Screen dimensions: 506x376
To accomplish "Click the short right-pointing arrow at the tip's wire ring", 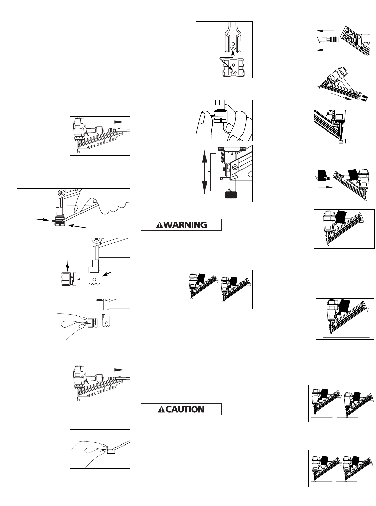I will pyautogui.click(x=42, y=220).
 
